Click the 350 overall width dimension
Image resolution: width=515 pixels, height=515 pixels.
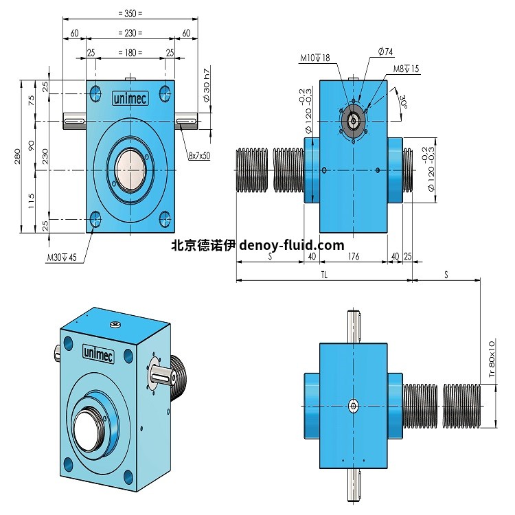tap(130, 13)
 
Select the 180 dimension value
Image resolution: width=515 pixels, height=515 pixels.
tap(130, 53)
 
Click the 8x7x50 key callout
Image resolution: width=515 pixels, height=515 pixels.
tap(198, 156)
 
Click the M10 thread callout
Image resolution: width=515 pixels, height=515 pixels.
tap(315, 58)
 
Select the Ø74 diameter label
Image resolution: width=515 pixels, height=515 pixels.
tap(385, 51)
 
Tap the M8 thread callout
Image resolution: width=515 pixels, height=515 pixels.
tap(407, 69)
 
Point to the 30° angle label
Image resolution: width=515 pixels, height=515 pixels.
tap(404, 102)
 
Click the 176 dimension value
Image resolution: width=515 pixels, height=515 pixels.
tap(354, 256)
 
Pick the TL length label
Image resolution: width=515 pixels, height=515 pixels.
tap(323, 273)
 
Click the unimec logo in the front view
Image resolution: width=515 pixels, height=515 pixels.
tap(130, 98)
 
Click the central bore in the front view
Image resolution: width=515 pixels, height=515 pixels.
tap(130, 168)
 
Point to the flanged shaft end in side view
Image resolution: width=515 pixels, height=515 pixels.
tap(353, 121)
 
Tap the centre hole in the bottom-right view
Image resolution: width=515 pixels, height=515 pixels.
tap(353, 406)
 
